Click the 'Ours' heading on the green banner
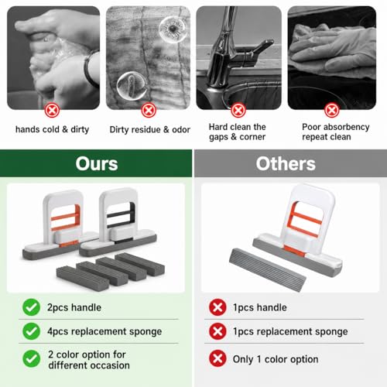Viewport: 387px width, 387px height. tap(97, 164)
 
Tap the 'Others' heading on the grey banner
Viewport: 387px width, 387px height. tap(286, 164)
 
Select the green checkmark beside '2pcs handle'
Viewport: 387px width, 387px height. tap(31, 307)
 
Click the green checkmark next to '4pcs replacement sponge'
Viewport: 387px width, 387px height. tap(31, 331)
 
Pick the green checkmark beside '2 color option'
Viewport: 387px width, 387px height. tap(31, 358)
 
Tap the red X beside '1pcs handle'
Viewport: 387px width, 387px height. tap(217, 307)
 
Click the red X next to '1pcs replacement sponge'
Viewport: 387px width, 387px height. tap(217, 331)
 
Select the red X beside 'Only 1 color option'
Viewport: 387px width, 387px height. tap(217, 358)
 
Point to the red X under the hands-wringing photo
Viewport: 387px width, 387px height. tap(52, 111)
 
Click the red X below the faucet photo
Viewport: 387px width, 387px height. tap(238, 111)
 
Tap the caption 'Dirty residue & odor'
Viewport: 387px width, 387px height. tap(150, 129)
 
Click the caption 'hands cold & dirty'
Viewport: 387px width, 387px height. tap(52, 129)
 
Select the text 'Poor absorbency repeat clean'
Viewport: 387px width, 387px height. tap(336, 132)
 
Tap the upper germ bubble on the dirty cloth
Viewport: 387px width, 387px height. tap(173, 29)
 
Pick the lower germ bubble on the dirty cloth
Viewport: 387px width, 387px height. tap(132, 86)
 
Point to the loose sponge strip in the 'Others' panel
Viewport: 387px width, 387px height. tap(268, 269)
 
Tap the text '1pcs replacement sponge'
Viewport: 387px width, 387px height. tap(290, 331)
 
